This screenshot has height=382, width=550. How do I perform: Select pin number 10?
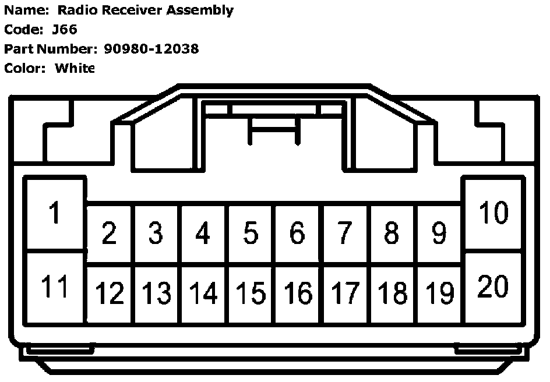pyautogui.click(x=493, y=213)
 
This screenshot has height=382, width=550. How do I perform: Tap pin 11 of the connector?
pyautogui.click(x=55, y=287)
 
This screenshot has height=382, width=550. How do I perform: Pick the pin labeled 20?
pyautogui.click(x=493, y=287)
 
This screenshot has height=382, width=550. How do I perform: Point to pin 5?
pyautogui.click(x=250, y=234)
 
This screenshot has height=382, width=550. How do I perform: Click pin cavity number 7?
pyautogui.click(x=344, y=234)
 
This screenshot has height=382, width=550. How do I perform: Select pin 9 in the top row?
pyautogui.click(x=439, y=234)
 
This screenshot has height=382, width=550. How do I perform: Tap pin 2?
pyautogui.click(x=109, y=234)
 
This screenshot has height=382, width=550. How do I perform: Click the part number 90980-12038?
pyautogui.click(x=151, y=49)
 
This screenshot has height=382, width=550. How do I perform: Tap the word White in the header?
pyautogui.click(x=75, y=68)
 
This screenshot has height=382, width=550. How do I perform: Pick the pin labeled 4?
pyautogui.click(x=203, y=234)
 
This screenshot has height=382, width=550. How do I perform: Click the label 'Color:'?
pyautogui.click(x=25, y=68)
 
